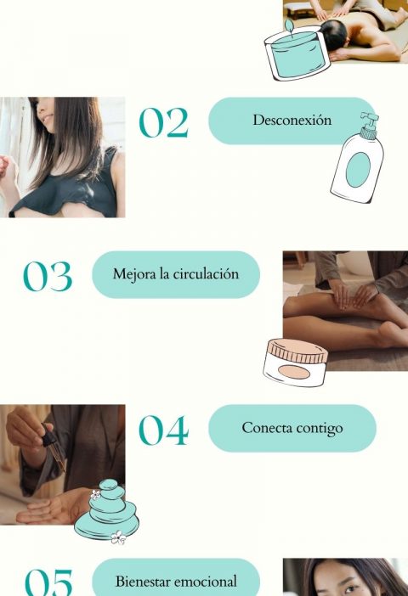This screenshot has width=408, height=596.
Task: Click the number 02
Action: (x=164, y=122)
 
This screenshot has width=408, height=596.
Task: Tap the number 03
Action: (x=48, y=276)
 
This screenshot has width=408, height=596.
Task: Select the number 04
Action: (x=164, y=430)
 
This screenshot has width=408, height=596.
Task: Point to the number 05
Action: (x=48, y=582)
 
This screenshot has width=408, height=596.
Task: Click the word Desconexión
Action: (x=292, y=120)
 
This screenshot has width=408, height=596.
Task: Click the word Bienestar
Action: (x=143, y=582)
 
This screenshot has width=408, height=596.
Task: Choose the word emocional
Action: (x=206, y=582)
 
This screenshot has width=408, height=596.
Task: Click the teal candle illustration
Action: (x=297, y=51)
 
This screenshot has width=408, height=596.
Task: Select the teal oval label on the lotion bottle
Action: (x=358, y=170)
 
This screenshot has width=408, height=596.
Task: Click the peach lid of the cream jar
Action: (x=297, y=350)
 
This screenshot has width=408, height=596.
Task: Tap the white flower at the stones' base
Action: (x=118, y=537)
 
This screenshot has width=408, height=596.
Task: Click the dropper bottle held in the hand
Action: (x=54, y=447)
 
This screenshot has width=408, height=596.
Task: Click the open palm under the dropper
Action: (x=49, y=508)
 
